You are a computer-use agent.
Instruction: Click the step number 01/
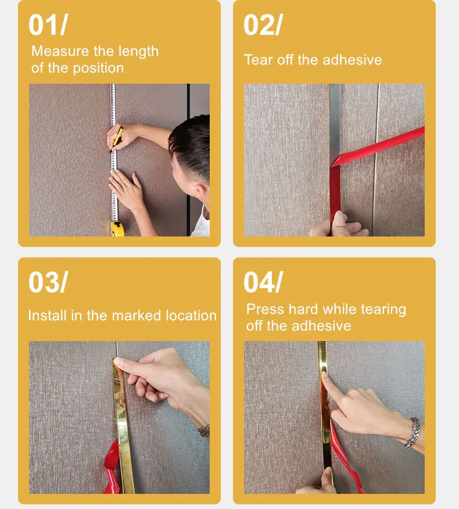pos(48,24)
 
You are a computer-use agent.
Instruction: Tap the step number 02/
pos(263,24)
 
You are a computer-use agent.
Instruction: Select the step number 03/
pos(48,282)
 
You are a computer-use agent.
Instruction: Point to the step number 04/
pos(263,282)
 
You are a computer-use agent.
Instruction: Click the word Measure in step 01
pos(60,51)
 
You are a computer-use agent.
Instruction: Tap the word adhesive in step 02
pos(352,60)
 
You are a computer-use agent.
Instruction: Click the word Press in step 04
pos(265,309)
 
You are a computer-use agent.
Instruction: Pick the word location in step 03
pos(191,316)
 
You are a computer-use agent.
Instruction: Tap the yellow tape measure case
pos(117,228)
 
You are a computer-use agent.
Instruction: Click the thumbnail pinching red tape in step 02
pos(340,218)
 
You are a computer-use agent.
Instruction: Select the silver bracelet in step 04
pos(412,433)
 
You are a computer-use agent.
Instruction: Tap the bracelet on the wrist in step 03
pos(204,431)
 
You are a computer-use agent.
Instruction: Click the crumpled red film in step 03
pos(112,467)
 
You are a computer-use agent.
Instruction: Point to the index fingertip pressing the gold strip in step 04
pos(325,377)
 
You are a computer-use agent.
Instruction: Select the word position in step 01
pos(98,69)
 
